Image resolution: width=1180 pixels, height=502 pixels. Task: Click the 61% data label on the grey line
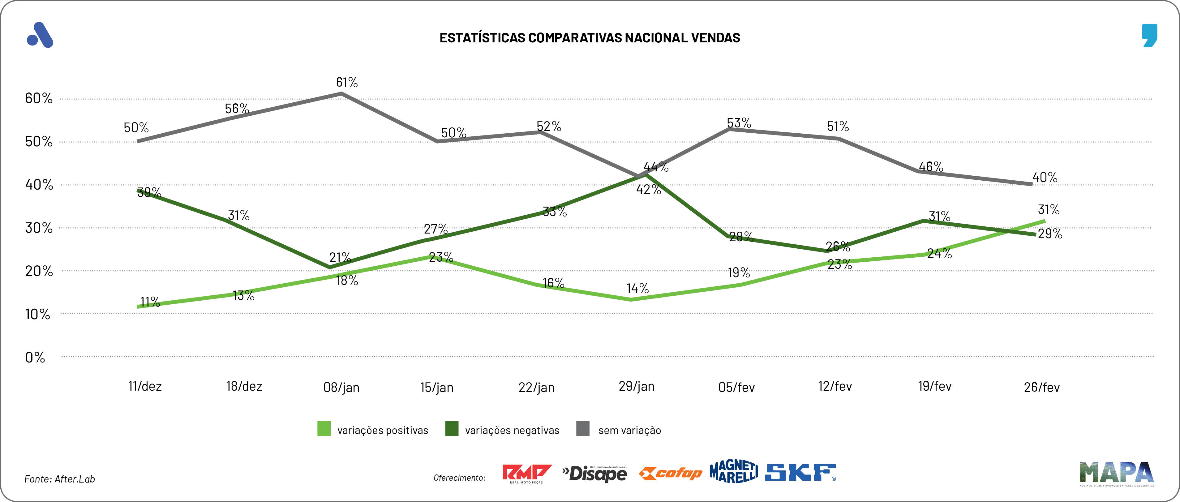click(x=347, y=83)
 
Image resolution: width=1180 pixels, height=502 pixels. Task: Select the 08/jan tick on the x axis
click(x=341, y=388)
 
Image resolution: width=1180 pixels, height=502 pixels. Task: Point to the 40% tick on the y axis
click(x=39, y=185)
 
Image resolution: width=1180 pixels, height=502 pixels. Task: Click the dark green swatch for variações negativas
click(x=452, y=429)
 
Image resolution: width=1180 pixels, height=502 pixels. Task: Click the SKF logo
click(x=800, y=473)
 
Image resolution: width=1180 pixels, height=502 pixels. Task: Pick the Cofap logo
click(x=670, y=473)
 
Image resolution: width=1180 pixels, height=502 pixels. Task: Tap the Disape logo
click(x=594, y=473)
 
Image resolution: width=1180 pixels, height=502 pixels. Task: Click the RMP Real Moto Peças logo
click(x=526, y=474)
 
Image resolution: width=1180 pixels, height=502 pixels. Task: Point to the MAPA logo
click(x=1116, y=473)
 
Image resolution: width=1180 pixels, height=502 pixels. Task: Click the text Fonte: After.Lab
click(x=60, y=479)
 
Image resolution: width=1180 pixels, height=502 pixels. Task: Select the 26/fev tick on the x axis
click(x=1042, y=388)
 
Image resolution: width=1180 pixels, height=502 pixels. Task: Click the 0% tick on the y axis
click(x=35, y=357)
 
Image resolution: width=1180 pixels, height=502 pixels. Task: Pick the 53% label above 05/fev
click(x=739, y=123)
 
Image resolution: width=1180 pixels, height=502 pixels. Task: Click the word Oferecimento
click(x=459, y=478)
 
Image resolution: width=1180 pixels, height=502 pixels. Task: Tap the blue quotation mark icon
click(x=1149, y=35)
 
